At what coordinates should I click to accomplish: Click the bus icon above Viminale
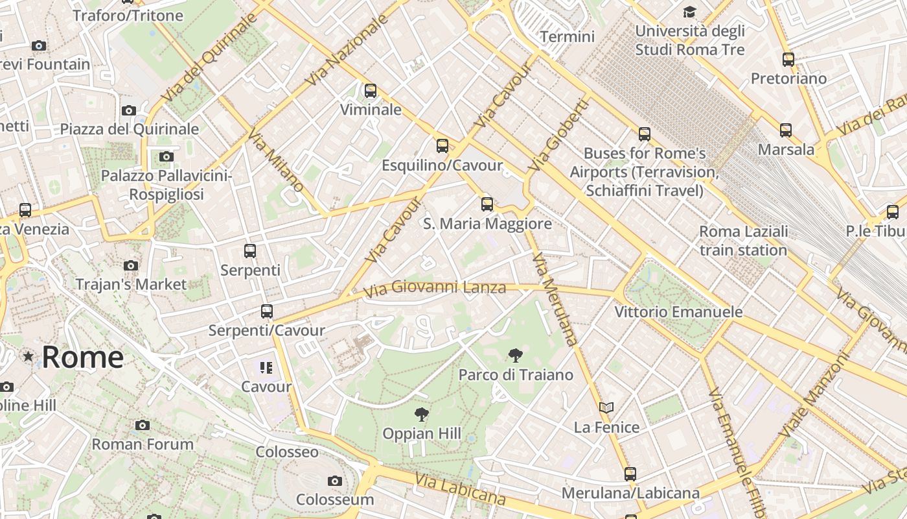371,91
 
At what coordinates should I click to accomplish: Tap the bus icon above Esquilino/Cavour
442,146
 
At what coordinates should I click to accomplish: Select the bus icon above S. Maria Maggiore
487,204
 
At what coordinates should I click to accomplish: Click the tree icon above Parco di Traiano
516,355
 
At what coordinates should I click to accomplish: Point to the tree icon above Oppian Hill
422,414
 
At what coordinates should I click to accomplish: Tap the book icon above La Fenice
606,408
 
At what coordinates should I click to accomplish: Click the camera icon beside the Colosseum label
335,481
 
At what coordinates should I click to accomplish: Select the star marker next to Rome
28,356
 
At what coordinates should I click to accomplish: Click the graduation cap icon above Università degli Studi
689,12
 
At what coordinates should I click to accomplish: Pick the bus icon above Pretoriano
788,60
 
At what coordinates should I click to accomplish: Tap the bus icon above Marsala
786,130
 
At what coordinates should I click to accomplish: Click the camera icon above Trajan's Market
131,265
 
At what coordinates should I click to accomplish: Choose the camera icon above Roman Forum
143,426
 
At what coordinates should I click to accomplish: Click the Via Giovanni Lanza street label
434,287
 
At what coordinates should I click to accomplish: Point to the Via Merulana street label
555,299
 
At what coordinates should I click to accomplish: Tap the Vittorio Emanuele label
678,311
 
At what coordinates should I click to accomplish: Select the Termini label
567,36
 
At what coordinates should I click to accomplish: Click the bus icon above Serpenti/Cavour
266,311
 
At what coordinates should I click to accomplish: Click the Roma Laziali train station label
744,241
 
